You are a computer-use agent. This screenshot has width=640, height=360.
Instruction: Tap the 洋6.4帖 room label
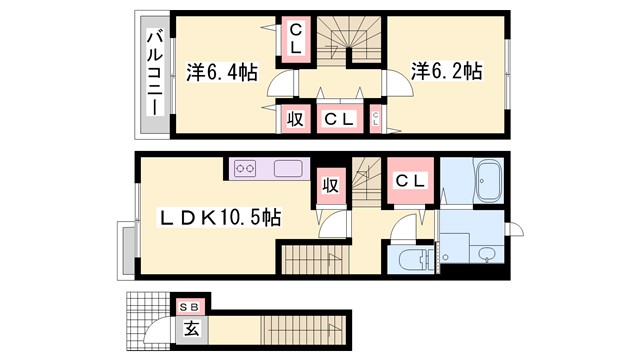tap(223, 72)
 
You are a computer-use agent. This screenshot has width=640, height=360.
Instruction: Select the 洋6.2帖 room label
tap(447, 72)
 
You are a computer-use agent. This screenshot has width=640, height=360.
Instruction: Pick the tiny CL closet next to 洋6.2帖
tap(376, 119)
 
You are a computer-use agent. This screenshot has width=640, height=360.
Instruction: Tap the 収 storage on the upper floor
tap(296, 119)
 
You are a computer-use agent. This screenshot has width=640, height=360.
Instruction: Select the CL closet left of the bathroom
tap(410, 181)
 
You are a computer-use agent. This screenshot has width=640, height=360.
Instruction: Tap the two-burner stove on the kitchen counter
tap(246, 169)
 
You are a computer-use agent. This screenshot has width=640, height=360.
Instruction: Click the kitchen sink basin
tap(288, 169)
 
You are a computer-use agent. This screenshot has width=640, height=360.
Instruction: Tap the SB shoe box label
tap(188, 306)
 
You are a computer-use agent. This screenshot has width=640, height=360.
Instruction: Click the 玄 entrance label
tap(189, 326)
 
